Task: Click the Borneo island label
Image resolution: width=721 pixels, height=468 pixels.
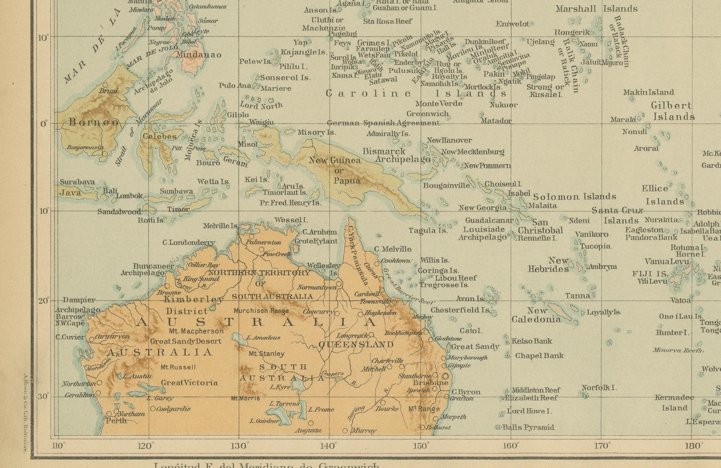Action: [x=94, y=122]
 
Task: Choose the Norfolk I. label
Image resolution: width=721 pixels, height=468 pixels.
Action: [x=599, y=388]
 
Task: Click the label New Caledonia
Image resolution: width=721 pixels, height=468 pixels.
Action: [x=536, y=315]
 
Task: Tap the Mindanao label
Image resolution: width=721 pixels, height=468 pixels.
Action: [x=199, y=55]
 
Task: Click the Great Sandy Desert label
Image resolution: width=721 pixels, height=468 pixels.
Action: [x=186, y=341]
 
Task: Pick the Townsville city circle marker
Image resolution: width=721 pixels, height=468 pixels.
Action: [x=394, y=302]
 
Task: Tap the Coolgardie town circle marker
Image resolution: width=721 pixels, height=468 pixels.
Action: [x=153, y=408]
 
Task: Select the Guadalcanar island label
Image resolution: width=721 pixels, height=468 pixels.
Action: [x=489, y=220]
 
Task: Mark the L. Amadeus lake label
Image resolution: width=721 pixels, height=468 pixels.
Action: [x=263, y=337]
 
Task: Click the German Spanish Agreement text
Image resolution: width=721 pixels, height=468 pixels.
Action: [x=383, y=123]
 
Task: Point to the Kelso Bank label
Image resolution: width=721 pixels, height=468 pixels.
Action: [x=532, y=341]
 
